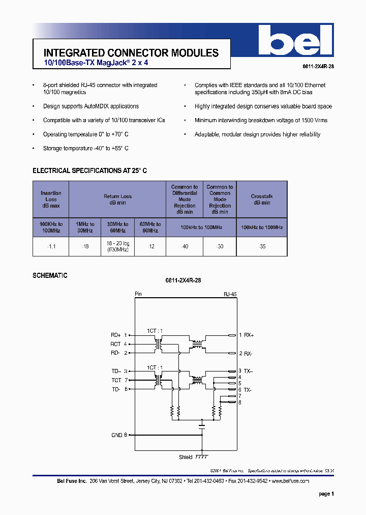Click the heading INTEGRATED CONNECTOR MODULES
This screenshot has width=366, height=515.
131,53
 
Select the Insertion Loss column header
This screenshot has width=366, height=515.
51,199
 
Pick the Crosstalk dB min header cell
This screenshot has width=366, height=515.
262,199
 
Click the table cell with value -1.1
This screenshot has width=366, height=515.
51,246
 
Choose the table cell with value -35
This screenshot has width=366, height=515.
262,246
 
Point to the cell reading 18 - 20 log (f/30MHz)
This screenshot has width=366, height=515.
118,246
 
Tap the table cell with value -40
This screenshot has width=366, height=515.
185,246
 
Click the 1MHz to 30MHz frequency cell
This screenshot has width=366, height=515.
85,227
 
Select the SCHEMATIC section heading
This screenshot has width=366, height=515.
50,275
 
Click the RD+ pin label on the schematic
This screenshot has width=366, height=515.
116,335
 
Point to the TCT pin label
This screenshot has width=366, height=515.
116,380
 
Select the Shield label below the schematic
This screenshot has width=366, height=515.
186,457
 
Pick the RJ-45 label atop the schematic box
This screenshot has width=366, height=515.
230,294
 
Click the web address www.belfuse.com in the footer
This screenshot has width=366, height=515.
291,481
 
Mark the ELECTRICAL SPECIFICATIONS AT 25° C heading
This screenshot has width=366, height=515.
90,171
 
